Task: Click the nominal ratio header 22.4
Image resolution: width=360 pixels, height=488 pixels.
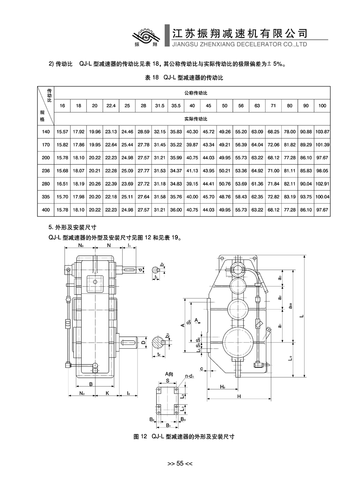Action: click(x=111, y=106)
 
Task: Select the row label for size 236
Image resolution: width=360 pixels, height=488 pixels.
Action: click(x=46, y=171)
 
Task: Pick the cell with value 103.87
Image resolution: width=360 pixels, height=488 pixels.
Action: click(x=322, y=132)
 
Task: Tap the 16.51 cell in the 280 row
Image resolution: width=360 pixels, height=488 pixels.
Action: click(x=62, y=184)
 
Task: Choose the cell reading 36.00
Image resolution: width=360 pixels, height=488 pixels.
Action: click(x=176, y=210)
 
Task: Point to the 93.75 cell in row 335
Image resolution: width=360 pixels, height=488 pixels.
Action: click(x=306, y=197)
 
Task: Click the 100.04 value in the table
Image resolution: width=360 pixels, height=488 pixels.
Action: click(x=322, y=197)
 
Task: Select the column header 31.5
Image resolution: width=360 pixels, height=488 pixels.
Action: click(x=160, y=106)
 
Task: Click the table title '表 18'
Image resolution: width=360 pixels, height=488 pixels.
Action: click(x=152, y=78)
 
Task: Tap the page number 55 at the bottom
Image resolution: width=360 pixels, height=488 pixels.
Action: click(x=180, y=463)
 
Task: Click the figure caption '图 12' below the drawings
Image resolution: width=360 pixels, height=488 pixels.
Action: click(x=140, y=436)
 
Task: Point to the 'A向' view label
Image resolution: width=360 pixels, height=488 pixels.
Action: click(x=169, y=374)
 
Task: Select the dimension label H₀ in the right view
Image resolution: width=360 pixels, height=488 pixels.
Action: click(x=223, y=387)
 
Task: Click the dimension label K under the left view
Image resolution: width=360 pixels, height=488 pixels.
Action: click(x=107, y=393)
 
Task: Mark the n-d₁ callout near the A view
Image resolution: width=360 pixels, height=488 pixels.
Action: click(x=189, y=376)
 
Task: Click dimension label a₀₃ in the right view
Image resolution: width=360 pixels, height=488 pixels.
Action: click(x=290, y=306)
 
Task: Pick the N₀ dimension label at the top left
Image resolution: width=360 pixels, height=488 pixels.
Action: click(x=81, y=245)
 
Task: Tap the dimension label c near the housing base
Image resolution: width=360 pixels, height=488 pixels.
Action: click(x=201, y=369)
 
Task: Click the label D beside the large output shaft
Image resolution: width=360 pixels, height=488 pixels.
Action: click(x=143, y=343)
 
